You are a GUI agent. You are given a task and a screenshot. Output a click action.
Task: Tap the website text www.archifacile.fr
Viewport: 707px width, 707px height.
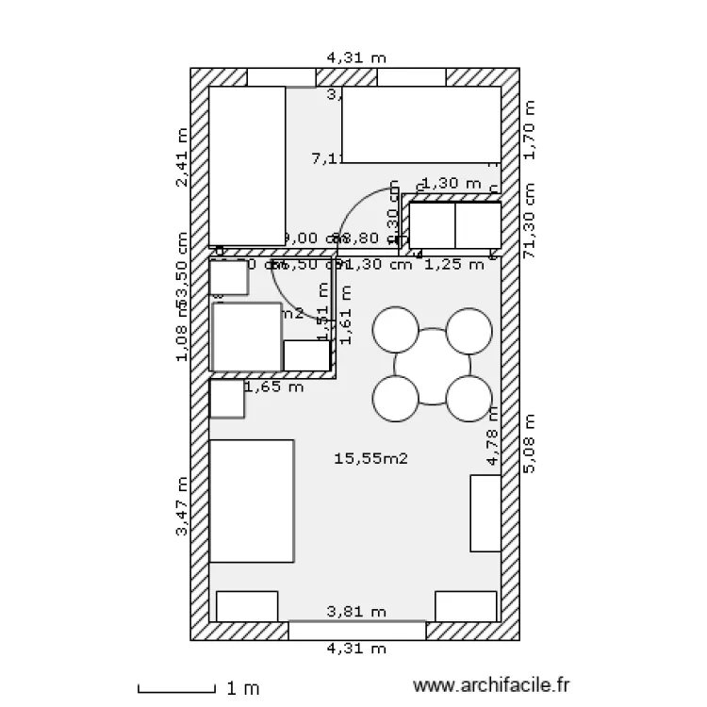(x=493, y=687)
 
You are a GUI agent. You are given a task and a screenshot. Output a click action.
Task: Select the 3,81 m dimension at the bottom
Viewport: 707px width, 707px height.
(x=356, y=612)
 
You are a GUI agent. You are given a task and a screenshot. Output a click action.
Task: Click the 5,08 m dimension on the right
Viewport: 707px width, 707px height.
(x=529, y=443)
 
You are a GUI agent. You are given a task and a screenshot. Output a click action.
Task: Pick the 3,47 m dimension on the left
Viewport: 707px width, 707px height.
(x=181, y=506)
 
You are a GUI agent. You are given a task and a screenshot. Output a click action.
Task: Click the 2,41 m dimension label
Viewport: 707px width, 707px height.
(x=181, y=157)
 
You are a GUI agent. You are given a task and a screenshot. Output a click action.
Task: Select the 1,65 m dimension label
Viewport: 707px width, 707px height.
(x=273, y=386)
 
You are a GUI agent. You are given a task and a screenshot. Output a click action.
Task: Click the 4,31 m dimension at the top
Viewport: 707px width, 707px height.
(x=356, y=58)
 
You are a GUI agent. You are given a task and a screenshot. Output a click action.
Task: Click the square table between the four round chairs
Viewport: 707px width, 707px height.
(x=432, y=366)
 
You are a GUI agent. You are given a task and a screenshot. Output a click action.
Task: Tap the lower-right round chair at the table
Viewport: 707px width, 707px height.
(x=469, y=399)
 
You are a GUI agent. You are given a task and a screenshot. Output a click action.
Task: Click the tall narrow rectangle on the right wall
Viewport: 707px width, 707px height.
(x=485, y=513)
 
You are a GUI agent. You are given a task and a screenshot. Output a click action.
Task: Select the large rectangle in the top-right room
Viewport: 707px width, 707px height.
(x=420, y=124)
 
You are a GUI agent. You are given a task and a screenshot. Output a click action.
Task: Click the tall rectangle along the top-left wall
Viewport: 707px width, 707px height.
(x=247, y=166)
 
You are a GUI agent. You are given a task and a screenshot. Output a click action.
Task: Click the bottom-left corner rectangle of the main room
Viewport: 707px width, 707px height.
(x=247, y=606)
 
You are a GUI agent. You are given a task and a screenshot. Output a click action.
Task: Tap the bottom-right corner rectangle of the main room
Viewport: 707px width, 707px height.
(x=466, y=606)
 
